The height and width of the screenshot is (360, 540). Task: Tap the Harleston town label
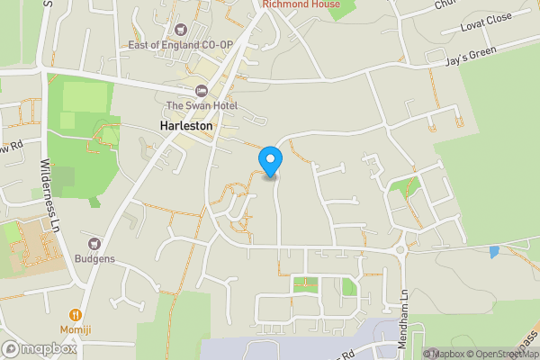[186, 127]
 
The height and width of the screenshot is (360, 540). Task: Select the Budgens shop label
[94, 258]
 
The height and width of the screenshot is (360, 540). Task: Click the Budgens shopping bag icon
[94, 243]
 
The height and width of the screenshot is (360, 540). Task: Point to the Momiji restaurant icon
[76, 315]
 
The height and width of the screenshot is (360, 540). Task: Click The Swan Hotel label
[201, 107]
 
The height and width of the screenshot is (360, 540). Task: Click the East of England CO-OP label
[181, 45]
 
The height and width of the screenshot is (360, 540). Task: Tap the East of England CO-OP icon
[181, 30]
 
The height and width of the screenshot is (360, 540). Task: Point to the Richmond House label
[301, 4]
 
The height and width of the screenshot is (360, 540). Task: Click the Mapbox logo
[39, 348]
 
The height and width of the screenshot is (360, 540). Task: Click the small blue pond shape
[494, 251]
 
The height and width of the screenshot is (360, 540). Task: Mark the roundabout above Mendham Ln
[401, 249]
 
